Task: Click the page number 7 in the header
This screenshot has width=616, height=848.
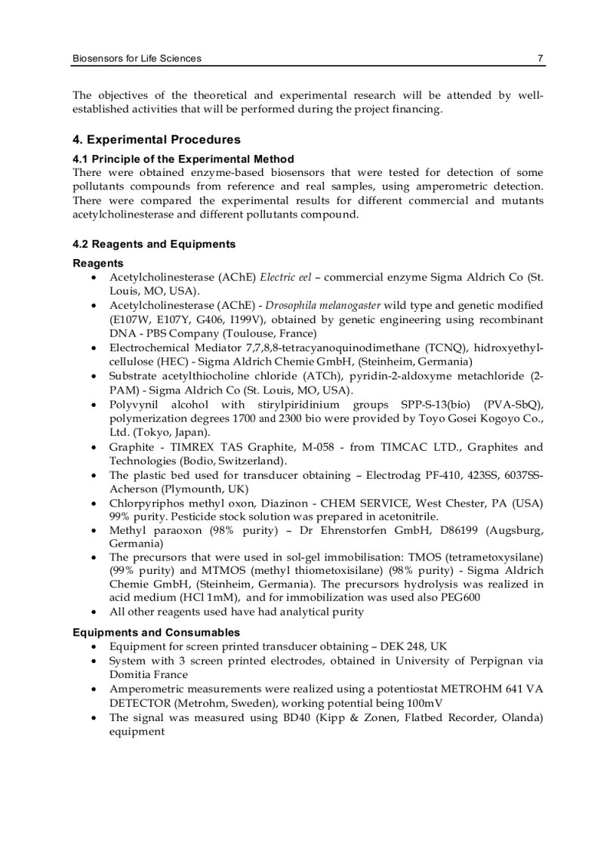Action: click(540, 58)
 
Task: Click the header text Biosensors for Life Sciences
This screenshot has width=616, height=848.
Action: click(137, 58)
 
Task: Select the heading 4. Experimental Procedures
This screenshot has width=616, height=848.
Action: click(156, 140)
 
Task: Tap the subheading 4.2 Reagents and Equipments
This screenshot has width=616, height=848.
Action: click(154, 244)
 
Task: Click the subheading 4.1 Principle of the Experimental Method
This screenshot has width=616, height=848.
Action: click(183, 159)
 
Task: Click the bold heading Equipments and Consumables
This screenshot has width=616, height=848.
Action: click(156, 632)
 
